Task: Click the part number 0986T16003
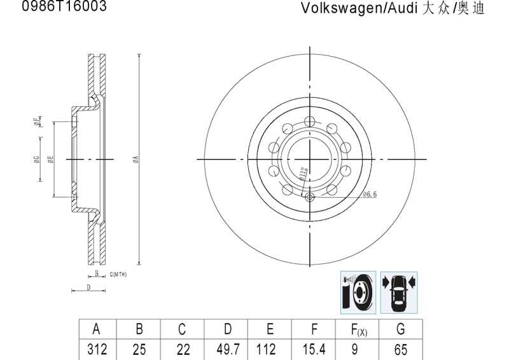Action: click(x=64, y=7)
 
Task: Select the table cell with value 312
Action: click(x=96, y=349)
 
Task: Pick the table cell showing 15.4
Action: click(x=313, y=349)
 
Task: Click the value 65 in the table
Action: click(x=400, y=349)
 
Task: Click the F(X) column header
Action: click(x=358, y=329)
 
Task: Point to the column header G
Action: click(x=400, y=329)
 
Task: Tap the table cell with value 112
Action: click(x=270, y=349)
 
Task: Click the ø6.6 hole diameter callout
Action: click(x=370, y=194)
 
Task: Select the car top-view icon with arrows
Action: click(x=399, y=292)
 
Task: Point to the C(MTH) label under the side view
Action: click(x=118, y=274)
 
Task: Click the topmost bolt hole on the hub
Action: click(x=309, y=122)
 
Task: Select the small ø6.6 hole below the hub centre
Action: click(x=310, y=197)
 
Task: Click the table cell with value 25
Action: click(x=139, y=349)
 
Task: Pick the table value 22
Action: click(x=182, y=349)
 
